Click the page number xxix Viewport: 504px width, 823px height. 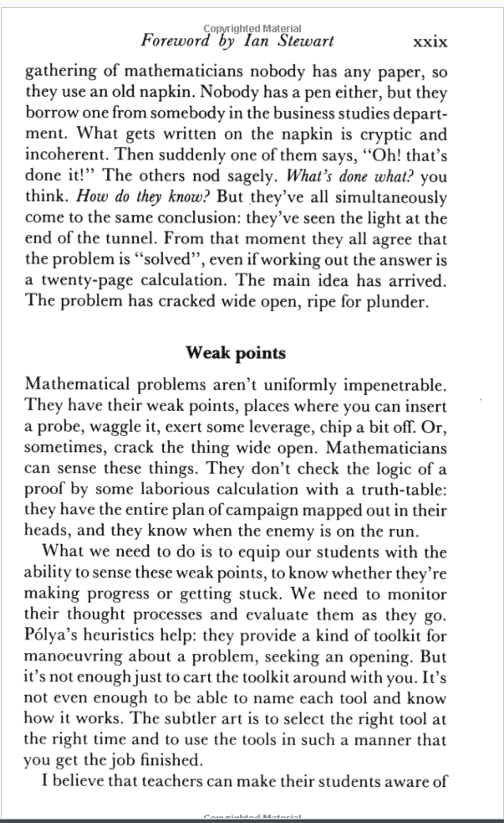pyautogui.click(x=429, y=42)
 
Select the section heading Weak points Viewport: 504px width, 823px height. pyautogui.click(x=235, y=353)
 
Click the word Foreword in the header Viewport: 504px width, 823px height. pyautogui.click(x=175, y=41)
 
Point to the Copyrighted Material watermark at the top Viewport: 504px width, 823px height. pyautogui.click(x=252, y=29)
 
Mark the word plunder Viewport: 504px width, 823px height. pyautogui.click(x=397, y=302)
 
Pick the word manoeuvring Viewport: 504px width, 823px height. pyautogui.click(x=73, y=657)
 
